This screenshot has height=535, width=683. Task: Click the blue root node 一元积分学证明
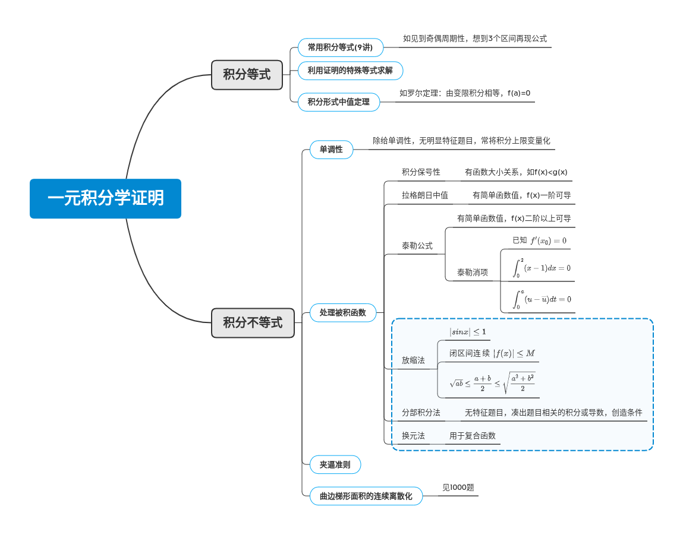tap(105, 198)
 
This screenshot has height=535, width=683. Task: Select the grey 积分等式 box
tap(247, 75)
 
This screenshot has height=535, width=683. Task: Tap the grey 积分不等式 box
tap(253, 323)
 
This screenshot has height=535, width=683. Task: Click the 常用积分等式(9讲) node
tap(340, 48)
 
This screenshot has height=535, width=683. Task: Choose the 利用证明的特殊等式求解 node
tap(350, 71)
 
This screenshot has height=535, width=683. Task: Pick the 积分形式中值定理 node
tap(338, 102)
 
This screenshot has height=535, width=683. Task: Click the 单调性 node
tap(331, 150)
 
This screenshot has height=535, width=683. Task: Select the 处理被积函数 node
tap(343, 312)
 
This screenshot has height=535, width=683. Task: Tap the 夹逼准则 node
tap(335, 465)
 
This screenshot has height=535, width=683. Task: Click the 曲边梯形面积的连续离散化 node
tap(366, 496)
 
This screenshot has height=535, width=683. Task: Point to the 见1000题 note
tap(458, 487)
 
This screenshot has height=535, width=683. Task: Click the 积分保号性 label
tap(421, 172)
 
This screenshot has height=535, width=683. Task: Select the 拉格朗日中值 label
tap(424, 195)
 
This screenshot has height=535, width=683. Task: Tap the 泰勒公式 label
tap(417, 246)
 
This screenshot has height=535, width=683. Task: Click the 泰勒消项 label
tap(473, 273)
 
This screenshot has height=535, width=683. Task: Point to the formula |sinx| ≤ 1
tap(467, 331)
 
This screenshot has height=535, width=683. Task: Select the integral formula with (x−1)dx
tap(542, 268)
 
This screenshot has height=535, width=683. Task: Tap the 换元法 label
tap(413, 436)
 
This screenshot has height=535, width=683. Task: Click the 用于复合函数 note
tap(473, 436)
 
